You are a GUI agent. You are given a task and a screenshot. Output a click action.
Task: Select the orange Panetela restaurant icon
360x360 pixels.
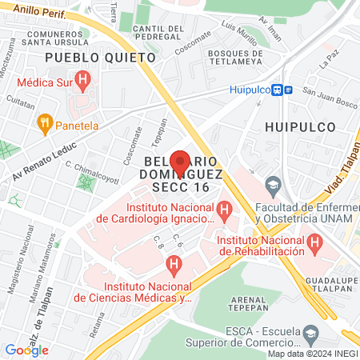(43, 124)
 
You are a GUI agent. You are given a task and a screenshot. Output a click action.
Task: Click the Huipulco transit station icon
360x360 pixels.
(278, 90)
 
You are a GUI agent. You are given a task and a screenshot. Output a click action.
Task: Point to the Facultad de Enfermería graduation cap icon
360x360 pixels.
(273, 184)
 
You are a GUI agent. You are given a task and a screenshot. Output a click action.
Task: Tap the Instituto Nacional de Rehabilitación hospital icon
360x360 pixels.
(315, 240)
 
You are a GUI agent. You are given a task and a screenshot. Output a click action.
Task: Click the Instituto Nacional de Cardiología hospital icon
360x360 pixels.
(225, 211)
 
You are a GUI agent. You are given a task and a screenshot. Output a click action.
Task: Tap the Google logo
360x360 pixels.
(27, 350)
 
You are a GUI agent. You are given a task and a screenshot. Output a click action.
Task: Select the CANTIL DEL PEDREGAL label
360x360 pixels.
(159, 34)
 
